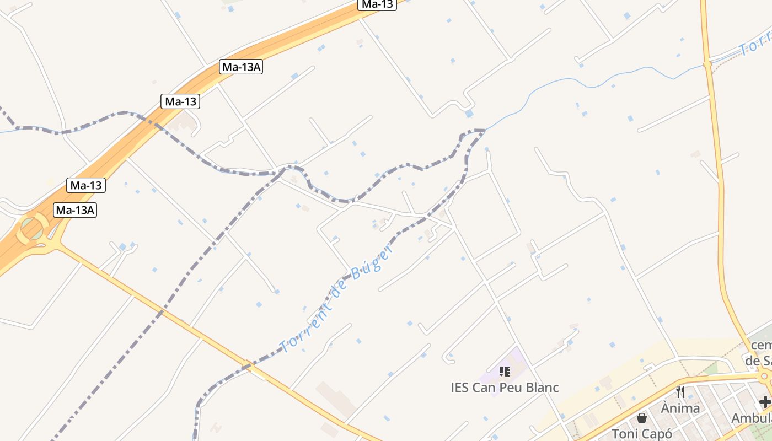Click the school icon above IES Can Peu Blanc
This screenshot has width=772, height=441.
click(504, 372)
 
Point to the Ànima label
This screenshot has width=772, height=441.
click(680, 408)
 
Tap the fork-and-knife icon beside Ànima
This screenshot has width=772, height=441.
click(680, 392)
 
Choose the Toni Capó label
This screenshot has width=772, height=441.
click(642, 433)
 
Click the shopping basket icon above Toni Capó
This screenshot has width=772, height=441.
click(641, 418)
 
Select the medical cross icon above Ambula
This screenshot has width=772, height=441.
click(764, 401)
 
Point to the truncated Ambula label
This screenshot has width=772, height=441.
click(751, 418)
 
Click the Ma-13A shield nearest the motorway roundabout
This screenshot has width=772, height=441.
click(76, 210)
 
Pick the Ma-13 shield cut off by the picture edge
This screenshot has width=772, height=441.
click(378, 4)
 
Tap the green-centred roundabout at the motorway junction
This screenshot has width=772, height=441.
click(33, 228)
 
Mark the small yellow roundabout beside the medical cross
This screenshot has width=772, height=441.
click(764, 377)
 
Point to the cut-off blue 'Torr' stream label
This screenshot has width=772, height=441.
click(755, 47)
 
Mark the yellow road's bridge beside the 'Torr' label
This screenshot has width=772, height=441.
click(707, 64)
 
